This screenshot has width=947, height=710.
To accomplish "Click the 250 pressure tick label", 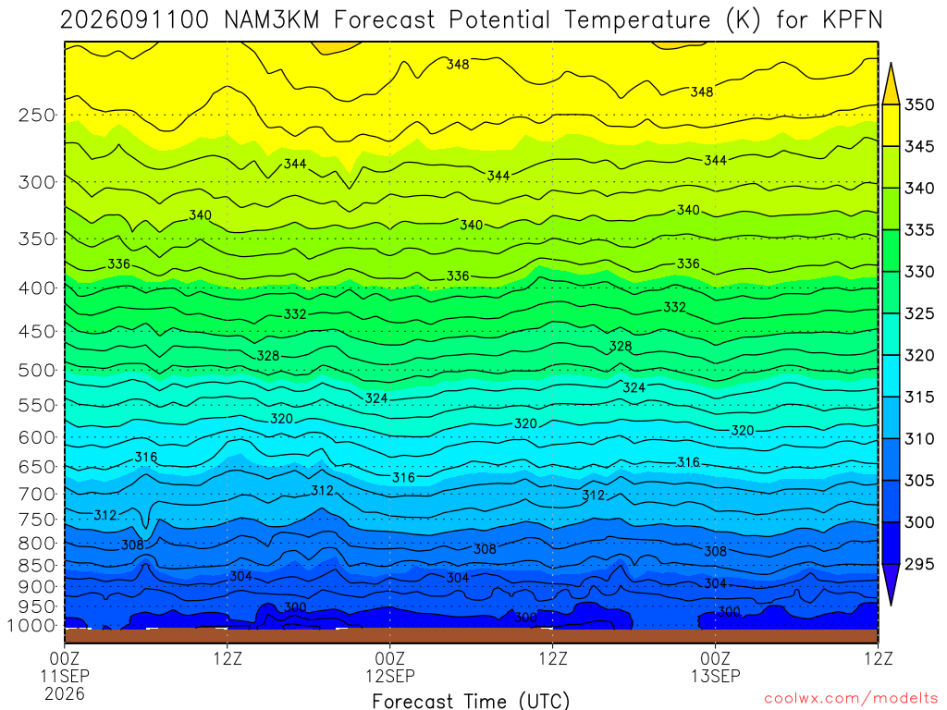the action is tap(37, 115).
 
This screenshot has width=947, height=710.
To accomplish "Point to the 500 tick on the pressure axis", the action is tap(37, 370).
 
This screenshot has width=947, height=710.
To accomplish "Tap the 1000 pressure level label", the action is tap(31, 626).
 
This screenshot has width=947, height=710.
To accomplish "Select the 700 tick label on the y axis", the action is tap(37, 494).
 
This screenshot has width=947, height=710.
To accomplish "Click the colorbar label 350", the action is tap(918, 104).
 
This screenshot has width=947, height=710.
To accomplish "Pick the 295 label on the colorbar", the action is tap(918, 564).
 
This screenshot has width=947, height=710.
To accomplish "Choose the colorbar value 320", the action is tap(918, 355).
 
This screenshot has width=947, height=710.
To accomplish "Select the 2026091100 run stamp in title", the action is tap(135, 20).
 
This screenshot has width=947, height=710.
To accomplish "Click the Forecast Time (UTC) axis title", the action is tap(471, 701).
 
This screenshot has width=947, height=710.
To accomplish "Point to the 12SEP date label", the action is tap(389, 676).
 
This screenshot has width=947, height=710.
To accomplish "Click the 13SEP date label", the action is tap(715, 676).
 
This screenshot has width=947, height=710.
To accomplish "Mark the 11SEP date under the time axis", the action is tap(65, 676).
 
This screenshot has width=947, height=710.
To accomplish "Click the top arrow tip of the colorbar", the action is tap(891, 62).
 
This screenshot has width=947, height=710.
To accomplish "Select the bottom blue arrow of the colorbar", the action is tap(891, 584).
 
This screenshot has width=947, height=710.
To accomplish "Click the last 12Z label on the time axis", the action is tap(878, 658).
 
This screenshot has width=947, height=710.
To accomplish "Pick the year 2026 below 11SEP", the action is tap(65, 693).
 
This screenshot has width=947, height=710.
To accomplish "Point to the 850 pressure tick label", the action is tap(37, 565).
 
